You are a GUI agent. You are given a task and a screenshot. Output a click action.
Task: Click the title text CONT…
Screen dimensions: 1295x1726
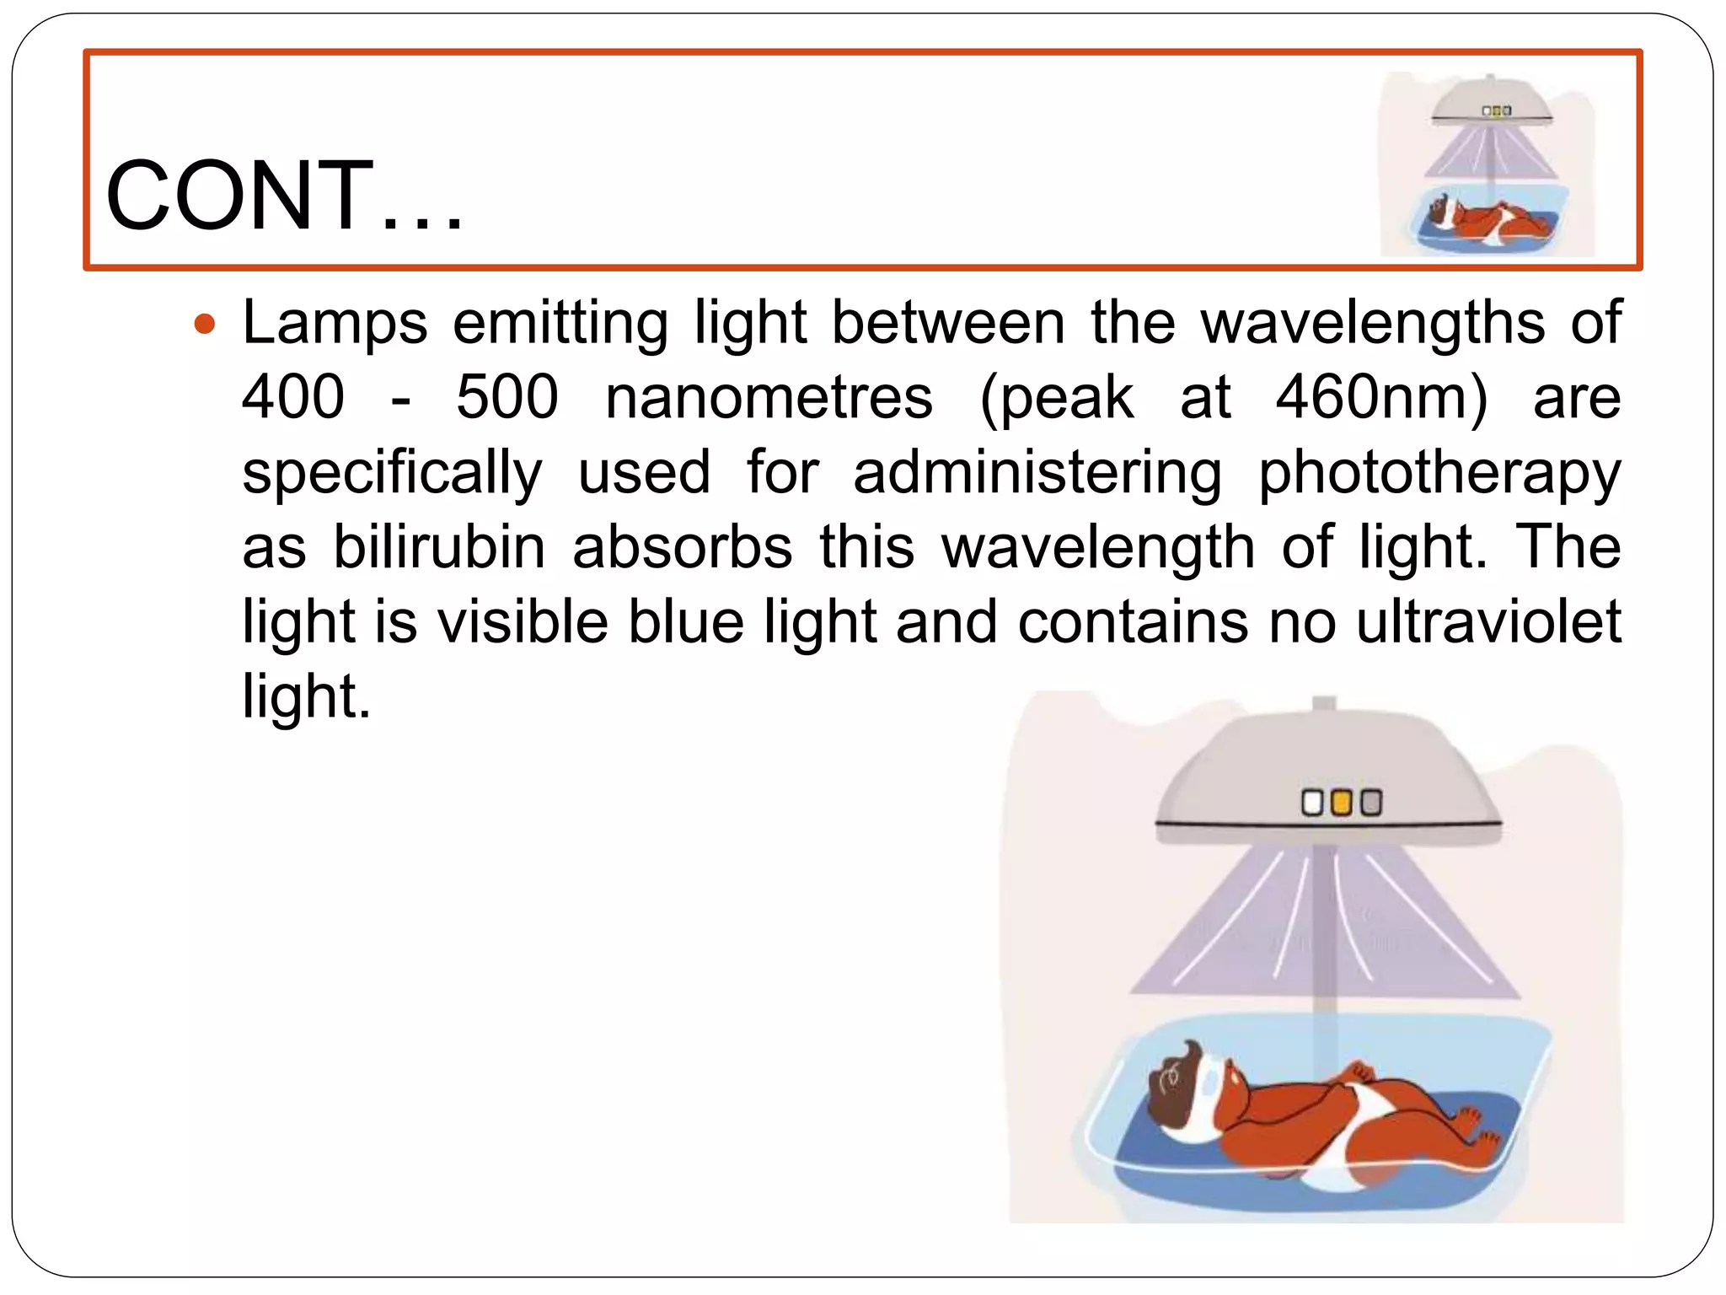coord(284,196)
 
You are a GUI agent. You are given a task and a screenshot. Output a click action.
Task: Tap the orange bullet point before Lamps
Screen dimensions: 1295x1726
coord(205,324)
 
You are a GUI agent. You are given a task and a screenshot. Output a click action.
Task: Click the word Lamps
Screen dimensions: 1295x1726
coord(335,323)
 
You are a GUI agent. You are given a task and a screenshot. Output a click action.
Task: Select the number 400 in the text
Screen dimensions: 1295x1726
coord(293,397)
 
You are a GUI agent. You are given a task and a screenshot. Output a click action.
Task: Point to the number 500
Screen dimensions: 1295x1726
coord(507,397)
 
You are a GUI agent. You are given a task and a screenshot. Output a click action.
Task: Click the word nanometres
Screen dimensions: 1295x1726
coord(769,397)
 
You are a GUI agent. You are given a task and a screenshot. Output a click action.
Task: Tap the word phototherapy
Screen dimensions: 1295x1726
coord(1439,473)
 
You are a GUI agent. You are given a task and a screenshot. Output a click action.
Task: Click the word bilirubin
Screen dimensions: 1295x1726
coord(439,547)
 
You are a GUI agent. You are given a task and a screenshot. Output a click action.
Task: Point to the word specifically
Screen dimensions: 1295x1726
coord(392,473)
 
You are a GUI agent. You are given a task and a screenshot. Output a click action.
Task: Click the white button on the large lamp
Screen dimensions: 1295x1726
coord(1312,803)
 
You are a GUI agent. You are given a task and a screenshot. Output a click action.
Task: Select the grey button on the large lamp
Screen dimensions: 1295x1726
coord(1371,803)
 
